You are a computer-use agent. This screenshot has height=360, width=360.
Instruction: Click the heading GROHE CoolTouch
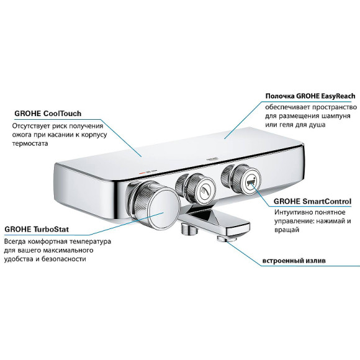click(x=48, y=114)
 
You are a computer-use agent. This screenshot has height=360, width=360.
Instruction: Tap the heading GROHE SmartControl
click(x=304, y=201)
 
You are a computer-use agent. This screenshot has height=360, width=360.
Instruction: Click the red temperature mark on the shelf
click(x=143, y=167)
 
